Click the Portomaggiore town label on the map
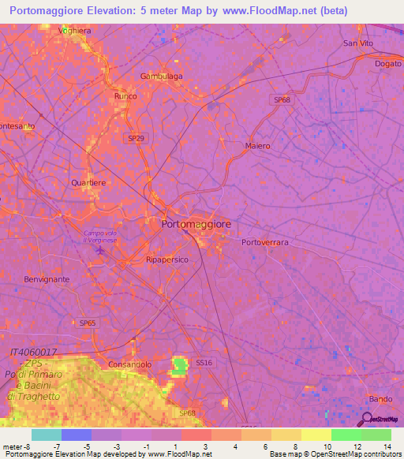tap(196, 224)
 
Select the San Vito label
tap(357, 43)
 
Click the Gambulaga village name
tap(161, 76)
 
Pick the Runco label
tap(125, 96)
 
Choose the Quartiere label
tap(88, 182)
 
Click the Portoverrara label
tap(265, 242)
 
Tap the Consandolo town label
tap(130, 364)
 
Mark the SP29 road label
tap(136, 137)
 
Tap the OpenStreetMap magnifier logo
tap(365, 420)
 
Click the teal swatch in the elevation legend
tap(46, 435)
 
